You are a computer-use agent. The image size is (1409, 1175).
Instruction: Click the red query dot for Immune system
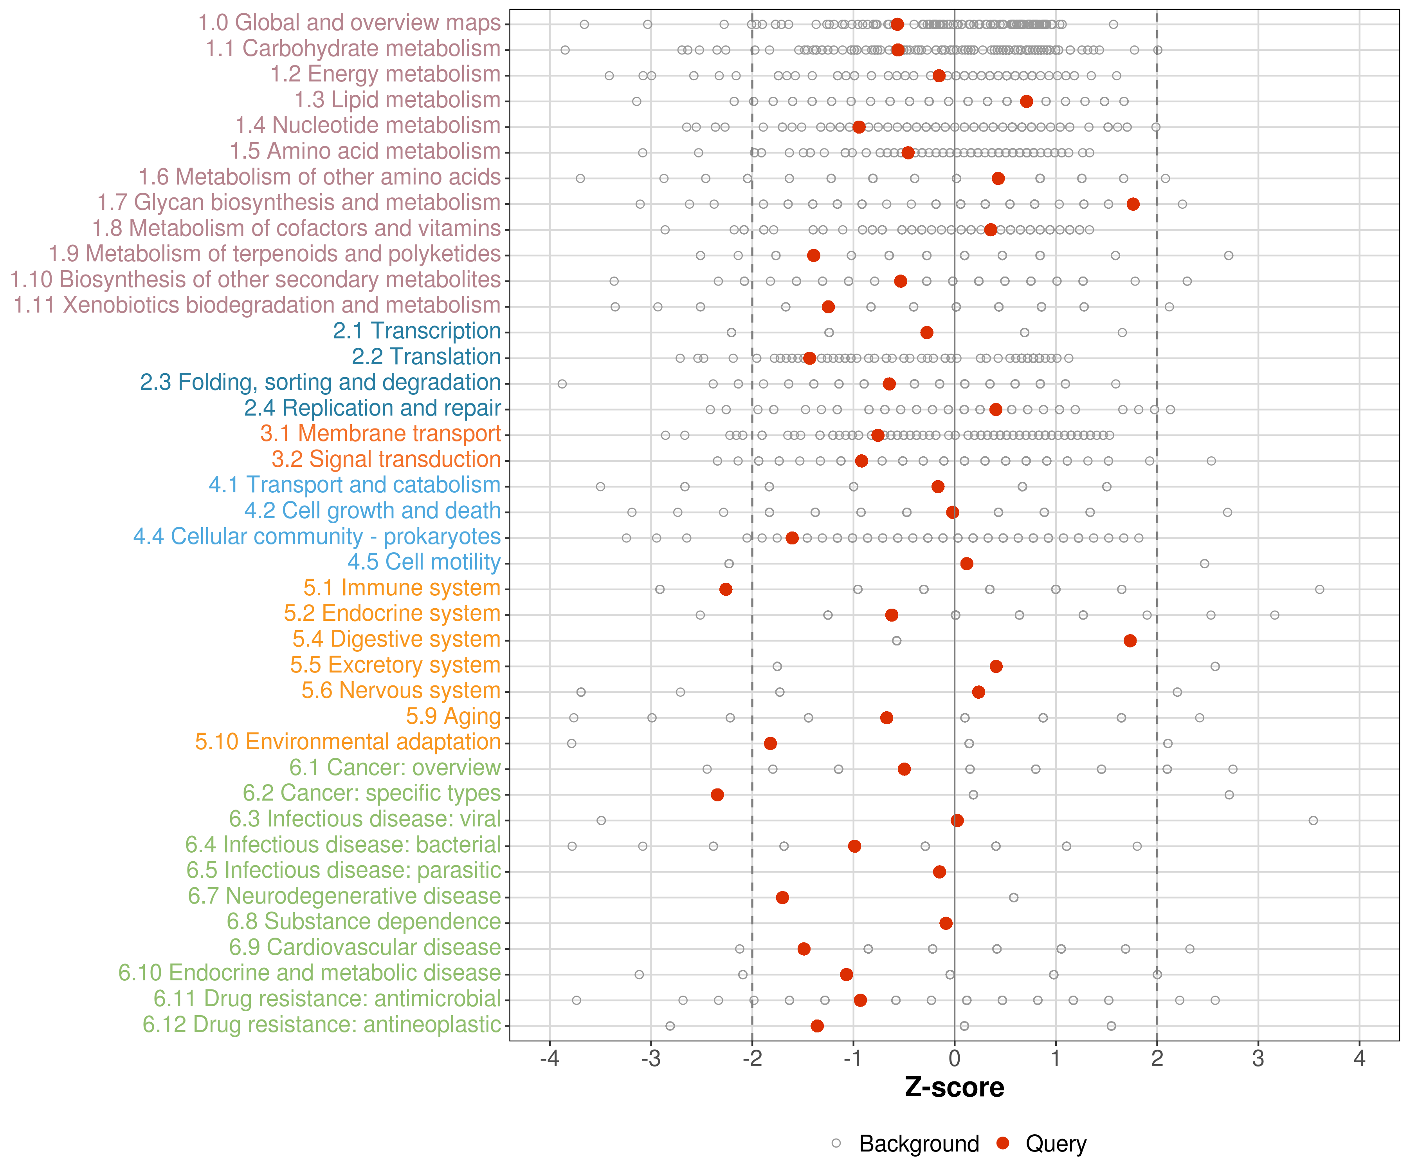pos(725,589)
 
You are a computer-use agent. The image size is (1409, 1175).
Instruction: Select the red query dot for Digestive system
pos(1130,640)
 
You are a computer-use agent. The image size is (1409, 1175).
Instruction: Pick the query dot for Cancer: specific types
pos(717,794)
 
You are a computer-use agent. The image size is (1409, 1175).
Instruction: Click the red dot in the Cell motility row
pos(966,563)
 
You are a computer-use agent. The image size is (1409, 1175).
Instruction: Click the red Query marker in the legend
pos(1003,1143)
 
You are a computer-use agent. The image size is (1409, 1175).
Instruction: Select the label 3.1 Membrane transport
pos(380,434)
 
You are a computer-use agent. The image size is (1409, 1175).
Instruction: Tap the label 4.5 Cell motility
pos(424,562)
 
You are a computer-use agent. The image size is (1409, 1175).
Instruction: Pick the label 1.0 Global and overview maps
pos(349,23)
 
